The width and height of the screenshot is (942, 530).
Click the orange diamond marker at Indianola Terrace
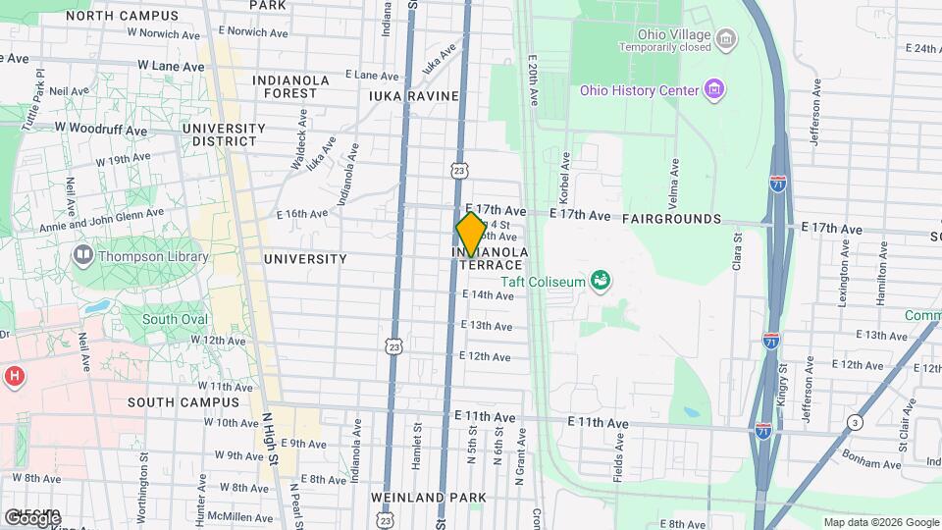471,235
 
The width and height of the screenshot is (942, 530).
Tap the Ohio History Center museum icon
715,90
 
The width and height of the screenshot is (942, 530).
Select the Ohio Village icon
726,40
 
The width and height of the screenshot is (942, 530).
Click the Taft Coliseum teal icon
601,282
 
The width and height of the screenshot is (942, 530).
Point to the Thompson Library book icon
82,257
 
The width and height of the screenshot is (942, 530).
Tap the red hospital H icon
14,376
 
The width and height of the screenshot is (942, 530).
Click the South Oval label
175,319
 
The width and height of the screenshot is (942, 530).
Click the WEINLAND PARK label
429,499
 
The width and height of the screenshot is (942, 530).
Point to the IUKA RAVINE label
413,96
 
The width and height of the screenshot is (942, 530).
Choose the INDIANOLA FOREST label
285,86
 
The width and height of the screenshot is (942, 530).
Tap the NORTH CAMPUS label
129,16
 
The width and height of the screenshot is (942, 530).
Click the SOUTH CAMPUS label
183,402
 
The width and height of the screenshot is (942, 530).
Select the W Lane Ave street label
171,66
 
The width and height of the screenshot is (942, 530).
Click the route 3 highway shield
856,423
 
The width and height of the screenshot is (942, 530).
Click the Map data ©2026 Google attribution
880,522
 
